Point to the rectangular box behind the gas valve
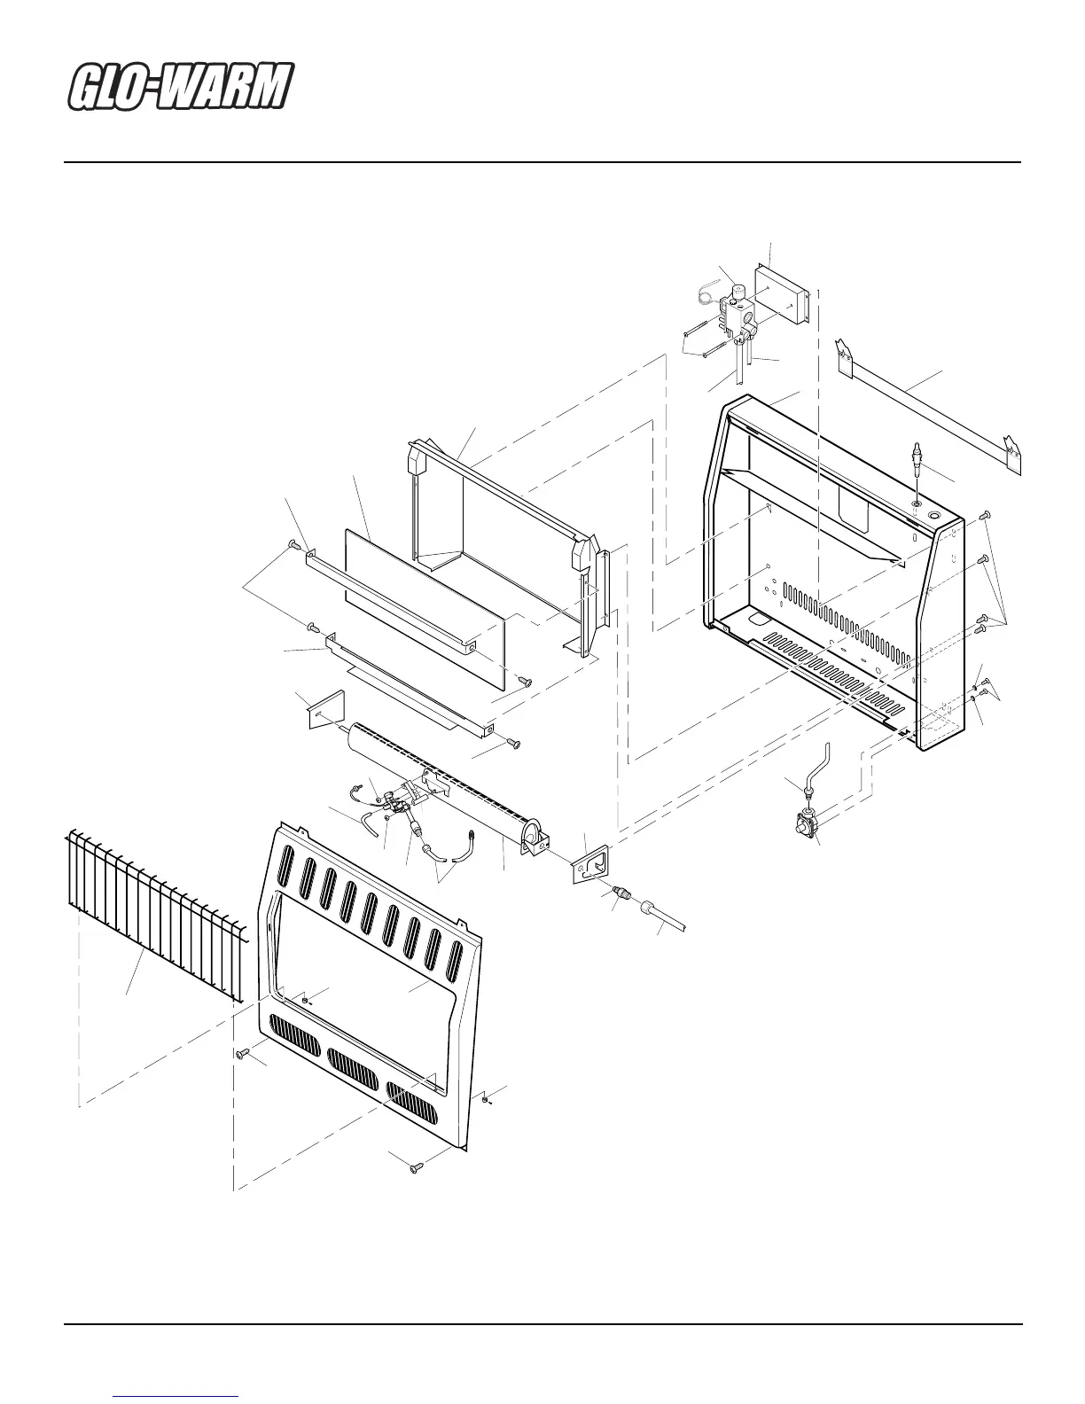pos(780,292)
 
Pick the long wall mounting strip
pos(931,408)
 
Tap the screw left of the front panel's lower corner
pos(241,1054)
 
